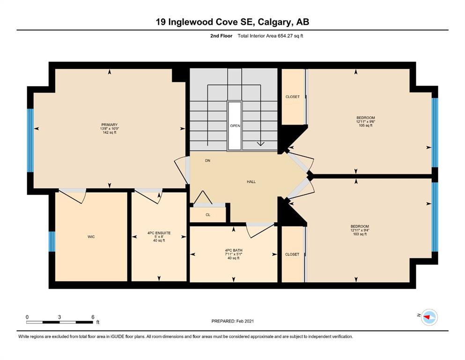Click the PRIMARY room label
pyautogui.click(x=110, y=125)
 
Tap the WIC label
pyautogui.click(x=91, y=237)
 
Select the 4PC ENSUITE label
pyautogui.click(x=159, y=233)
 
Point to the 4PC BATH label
pyautogui.click(x=234, y=250)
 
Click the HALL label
pyautogui.click(x=251, y=181)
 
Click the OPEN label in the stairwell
pyautogui.click(x=235, y=126)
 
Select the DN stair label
pyautogui.click(x=207, y=161)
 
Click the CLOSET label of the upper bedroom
pyautogui.click(x=293, y=97)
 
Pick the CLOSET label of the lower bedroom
pyautogui.click(x=292, y=255)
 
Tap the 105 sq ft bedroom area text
pyautogui.click(x=366, y=125)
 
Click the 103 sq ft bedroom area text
pyautogui.click(x=360, y=234)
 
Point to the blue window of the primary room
pyautogui.click(x=30, y=140)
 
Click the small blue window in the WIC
pyautogui.click(x=52, y=241)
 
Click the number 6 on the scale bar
pyautogui.click(x=93, y=317)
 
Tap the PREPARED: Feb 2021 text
pyautogui.click(x=232, y=321)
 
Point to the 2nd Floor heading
pyautogui.click(x=221, y=36)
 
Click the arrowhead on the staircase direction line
pyautogui.click(x=260, y=143)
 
